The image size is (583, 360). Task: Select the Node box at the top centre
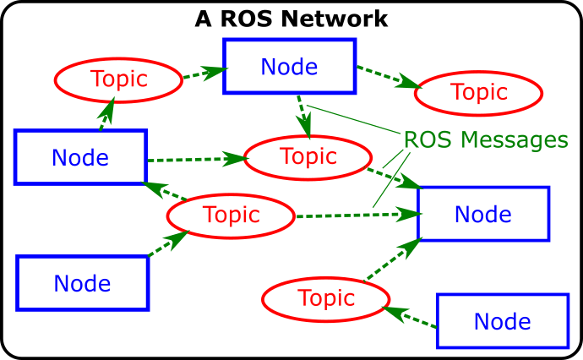(289, 66)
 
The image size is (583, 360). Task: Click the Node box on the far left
(81, 157)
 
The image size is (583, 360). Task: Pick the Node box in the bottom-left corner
(82, 283)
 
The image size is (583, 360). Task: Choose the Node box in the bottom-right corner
(502, 321)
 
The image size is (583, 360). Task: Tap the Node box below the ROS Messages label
(483, 214)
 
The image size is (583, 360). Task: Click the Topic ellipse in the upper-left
(118, 79)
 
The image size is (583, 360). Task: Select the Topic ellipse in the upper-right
(478, 92)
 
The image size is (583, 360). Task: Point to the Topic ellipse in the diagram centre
(308, 156)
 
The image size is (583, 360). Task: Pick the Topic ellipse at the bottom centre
(325, 298)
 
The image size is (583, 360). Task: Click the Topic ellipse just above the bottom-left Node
(231, 215)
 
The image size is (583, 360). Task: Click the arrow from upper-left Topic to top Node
(203, 74)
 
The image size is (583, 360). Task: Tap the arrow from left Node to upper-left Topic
(106, 114)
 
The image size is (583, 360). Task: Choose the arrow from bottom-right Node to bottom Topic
(411, 318)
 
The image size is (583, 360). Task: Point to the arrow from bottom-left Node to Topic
(168, 243)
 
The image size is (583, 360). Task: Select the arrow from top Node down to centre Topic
(303, 116)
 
